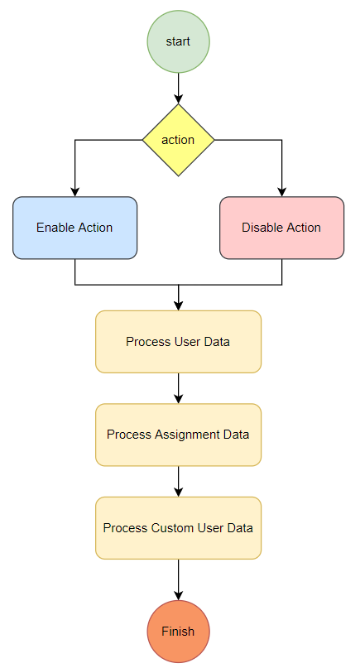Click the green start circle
[x=178, y=41]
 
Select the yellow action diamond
[x=178, y=140]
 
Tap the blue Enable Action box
[x=74, y=228]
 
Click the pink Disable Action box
[x=281, y=228]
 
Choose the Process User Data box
[x=178, y=341]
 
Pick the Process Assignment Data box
[x=178, y=435]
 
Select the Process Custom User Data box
[x=178, y=527]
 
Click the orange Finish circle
[x=178, y=632]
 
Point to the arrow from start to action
[x=178, y=88]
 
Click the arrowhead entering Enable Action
[x=74, y=191]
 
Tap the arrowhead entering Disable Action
[x=281, y=191]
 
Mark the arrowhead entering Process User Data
[x=178, y=305]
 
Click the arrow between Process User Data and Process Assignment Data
[x=178, y=388]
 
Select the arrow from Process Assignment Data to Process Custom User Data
[x=178, y=481]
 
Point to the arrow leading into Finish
[x=178, y=579]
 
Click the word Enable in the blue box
[x=55, y=228]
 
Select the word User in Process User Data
[x=187, y=341]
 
